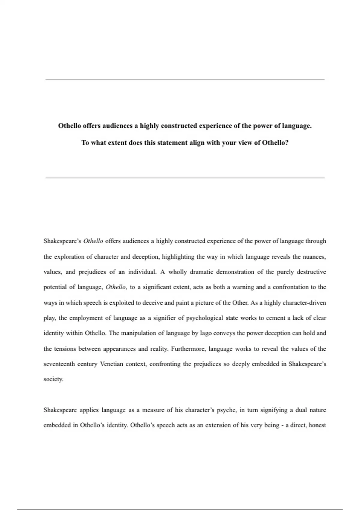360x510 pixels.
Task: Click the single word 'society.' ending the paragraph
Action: [53, 379]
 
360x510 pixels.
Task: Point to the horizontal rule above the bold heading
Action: [185, 80]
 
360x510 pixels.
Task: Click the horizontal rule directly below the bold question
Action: [185, 178]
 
